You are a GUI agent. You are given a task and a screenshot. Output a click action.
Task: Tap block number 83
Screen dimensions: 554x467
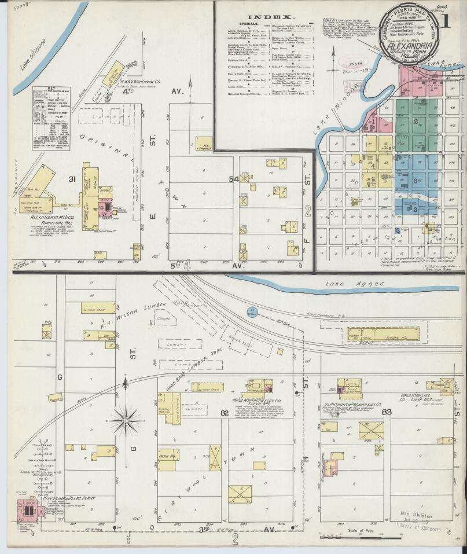click(387, 412)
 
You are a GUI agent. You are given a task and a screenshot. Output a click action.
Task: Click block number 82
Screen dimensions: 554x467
click(225, 412)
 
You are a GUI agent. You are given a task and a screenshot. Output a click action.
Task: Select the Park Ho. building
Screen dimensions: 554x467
click(167, 454)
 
